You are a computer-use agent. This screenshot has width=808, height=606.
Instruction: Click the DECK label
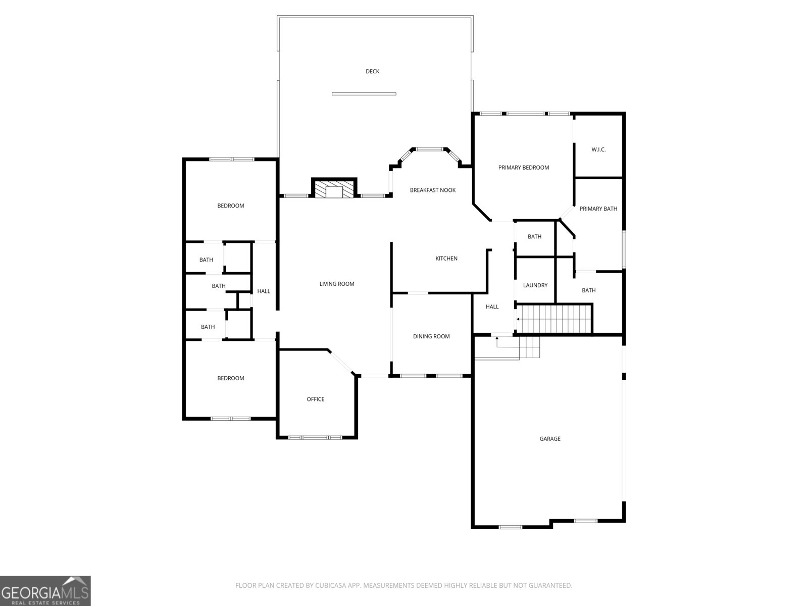pos(372,72)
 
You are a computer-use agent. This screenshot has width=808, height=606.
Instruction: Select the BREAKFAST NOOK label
pos(432,190)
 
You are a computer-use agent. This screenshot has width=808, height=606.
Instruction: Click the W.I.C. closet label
pos(598,150)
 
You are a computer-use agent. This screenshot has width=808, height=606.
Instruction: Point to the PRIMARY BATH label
pos(598,209)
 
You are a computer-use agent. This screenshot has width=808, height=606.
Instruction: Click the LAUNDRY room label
pos(535,286)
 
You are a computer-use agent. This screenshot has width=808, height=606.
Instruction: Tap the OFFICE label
pos(316,399)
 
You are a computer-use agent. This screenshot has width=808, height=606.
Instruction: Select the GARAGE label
pos(550,439)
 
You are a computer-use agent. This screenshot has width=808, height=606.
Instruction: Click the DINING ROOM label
pos(431,337)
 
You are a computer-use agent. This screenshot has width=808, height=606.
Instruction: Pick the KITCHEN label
pos(446,259)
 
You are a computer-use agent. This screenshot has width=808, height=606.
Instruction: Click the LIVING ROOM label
pos(337,284)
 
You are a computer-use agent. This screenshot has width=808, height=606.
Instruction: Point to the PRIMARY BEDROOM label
pos(523,168)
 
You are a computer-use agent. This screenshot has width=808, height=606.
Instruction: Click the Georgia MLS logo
pos(45,590)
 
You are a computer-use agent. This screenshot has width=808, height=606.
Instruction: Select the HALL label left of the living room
pos(264,291)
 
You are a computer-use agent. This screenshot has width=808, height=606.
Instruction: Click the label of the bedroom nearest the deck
pos(230,206)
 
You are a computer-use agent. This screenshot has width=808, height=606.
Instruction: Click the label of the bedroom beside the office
pos(230,379)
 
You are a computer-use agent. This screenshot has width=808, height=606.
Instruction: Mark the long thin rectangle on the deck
pos(364,94)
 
